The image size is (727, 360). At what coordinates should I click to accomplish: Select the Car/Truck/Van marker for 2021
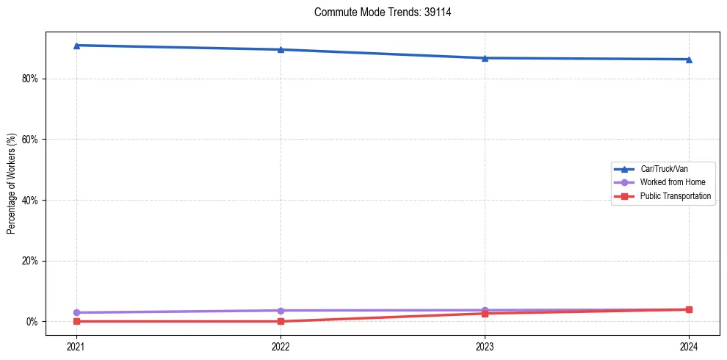coord(76,46)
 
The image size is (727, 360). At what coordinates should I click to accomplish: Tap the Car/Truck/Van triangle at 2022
coord(281,49)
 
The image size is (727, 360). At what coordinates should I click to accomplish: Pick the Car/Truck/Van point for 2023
coord(485,58)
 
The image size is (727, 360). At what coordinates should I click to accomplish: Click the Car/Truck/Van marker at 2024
coord(689,60)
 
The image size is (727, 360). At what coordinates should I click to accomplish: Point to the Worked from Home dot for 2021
coord(76,312)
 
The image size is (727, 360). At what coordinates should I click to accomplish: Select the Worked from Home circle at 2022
coord(281,310)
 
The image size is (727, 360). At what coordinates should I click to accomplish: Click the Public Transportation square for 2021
coord(76,321)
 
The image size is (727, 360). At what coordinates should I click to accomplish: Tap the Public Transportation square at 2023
coord(485,314)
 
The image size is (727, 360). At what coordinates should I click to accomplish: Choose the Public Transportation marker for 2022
coord(281,321)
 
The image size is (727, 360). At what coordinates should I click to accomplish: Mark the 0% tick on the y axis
coord(30,321)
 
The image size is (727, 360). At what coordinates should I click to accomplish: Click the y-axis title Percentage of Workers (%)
coord(12,184)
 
